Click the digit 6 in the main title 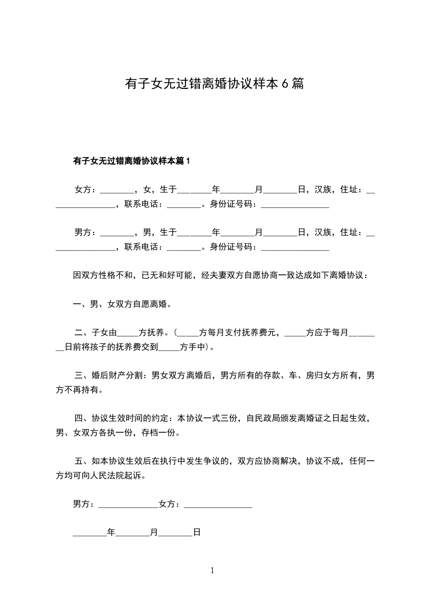285,84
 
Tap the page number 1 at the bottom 212,570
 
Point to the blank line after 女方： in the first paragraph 117,191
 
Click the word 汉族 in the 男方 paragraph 322,232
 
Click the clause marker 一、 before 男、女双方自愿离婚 81,304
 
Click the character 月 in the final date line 153,532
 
